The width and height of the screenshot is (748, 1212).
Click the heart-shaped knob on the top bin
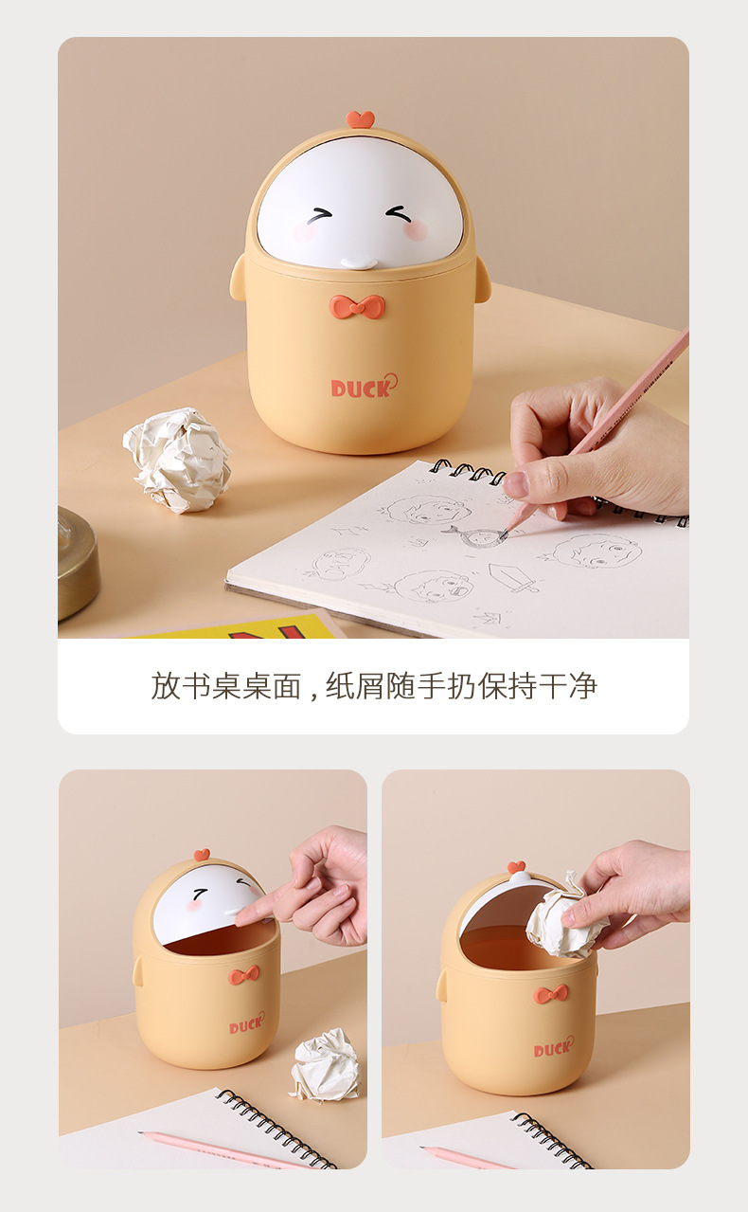pyautogui.click(x=361, y=118)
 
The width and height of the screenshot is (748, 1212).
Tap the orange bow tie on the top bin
pyautogui.click(x=358, y=306)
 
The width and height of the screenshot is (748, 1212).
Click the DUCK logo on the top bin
pyautogui.click(x=364, y=387)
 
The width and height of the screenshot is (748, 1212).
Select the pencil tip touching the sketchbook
pyautogui.click(x=504, y=534)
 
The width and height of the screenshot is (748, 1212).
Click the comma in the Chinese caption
pyautogui.click(x=312, y=692)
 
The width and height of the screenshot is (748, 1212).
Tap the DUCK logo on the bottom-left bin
pyautogui.click(x=246, y=1024)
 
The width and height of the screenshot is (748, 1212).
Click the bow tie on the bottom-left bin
pyautogui.click(x=244, y=975)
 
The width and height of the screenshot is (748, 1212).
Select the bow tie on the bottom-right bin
pyautogui.click(x=550, y=994)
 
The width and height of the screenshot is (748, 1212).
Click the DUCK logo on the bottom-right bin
pyautogui.click(x=553, y=1047)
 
